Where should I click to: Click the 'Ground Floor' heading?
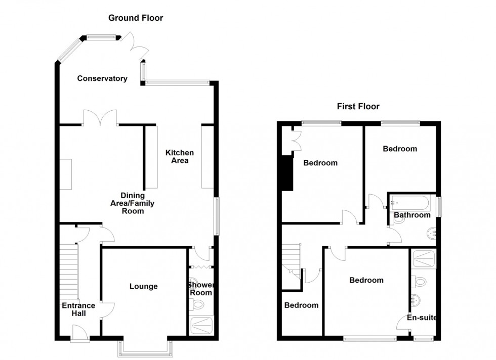click(136, 18)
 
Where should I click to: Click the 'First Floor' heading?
click(358, 106)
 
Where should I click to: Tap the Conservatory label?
click(101, 78)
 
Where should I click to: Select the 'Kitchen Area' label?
click(180, 157)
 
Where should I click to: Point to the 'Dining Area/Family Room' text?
click(133, 203)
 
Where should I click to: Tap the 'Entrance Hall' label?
click(78, 309)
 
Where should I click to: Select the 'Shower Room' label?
click(201, 289)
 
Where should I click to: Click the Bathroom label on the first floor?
click(412, 215)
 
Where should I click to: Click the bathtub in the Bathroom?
click(409, 203)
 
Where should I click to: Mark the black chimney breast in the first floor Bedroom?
click(287, 173)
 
